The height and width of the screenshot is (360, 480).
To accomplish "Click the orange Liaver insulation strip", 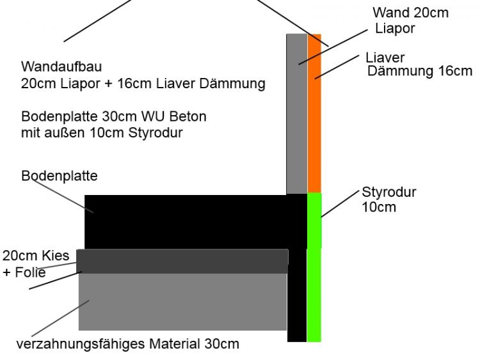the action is coord(314,113).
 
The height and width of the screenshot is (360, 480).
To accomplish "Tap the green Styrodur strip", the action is coord(314,267).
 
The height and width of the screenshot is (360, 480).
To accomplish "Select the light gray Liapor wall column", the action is coord(296,114).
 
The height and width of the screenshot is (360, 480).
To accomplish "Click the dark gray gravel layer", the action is coord(182,261).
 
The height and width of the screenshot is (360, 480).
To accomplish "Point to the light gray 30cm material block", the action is coord(183,302).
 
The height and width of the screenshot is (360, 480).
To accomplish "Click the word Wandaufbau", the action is coord(61,67).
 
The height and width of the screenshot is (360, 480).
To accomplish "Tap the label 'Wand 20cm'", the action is coord(410,13).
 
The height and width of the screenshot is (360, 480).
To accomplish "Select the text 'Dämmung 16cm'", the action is coord(420,71).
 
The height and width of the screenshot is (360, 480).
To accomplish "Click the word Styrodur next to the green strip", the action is coord(388,192).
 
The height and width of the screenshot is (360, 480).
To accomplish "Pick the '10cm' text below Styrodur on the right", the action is coord(379,207).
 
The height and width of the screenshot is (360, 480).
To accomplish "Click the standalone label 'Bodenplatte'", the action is coord(60,176).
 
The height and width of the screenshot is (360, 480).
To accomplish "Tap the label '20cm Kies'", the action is coord(36,256).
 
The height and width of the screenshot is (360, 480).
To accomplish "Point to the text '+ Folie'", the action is coord(24,272).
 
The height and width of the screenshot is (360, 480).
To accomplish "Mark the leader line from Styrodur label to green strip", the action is coord(340,204).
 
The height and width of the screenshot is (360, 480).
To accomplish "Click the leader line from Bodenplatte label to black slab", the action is coord(63,196).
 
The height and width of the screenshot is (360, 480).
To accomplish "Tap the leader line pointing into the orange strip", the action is coord(337,67).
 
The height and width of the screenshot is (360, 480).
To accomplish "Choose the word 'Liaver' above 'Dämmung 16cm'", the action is coord(385,58).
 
